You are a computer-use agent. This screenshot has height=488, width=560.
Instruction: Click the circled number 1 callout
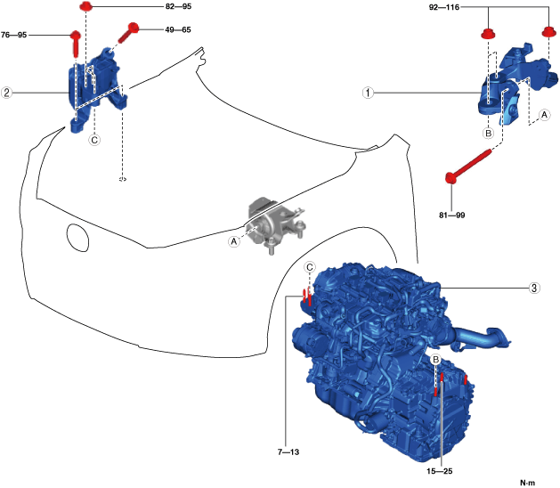click(369, 92)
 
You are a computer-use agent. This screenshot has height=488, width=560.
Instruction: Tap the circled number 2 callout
click(6, 92)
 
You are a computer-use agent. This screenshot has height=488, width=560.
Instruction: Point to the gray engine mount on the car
click(273, 225)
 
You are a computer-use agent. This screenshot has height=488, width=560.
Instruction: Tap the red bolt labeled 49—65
click(128, 32)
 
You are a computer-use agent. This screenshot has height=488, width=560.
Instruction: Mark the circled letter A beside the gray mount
click(234, 240)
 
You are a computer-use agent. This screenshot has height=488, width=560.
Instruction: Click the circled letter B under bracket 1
click(488, 133)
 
